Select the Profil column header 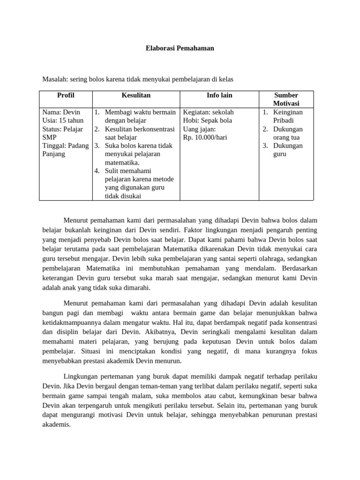[x=66, y=95]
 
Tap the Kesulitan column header [x=136, y=95]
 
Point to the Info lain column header [x=219, y=95]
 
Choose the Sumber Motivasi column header [x=286, y=99]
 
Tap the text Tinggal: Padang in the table [x=65, y=146]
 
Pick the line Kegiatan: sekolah [x=208, y=112]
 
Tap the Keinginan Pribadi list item [x=287, y=116]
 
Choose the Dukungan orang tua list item [x=287, y=133]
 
